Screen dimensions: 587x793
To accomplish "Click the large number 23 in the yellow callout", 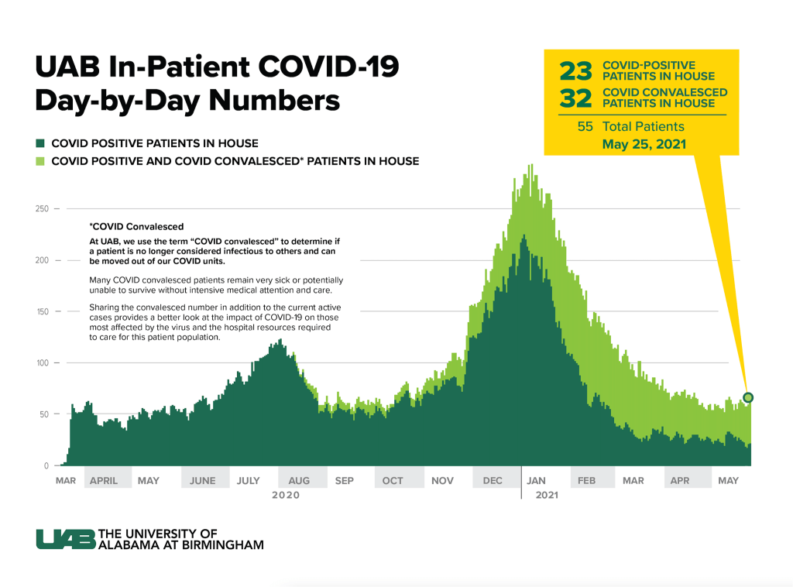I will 575,71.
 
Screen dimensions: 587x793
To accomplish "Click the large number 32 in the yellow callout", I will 575,98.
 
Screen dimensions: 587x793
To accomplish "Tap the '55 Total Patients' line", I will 630,126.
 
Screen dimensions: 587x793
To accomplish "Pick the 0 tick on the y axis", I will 47,466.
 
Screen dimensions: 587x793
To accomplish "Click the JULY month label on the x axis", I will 249,481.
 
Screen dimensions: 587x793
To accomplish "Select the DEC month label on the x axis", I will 493,481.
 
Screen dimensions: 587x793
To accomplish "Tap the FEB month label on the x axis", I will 586,481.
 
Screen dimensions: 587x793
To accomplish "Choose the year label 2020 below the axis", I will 285,496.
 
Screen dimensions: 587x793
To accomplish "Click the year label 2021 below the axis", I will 547,496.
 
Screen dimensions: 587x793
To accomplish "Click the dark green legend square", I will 40,143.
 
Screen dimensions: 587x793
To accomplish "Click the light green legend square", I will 40,161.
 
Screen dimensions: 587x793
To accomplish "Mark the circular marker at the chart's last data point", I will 748,397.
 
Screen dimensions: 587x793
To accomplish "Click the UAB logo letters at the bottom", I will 65,539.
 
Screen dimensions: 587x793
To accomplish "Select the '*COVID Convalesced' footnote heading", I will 137,227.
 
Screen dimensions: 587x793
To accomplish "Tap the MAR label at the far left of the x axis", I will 66,481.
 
